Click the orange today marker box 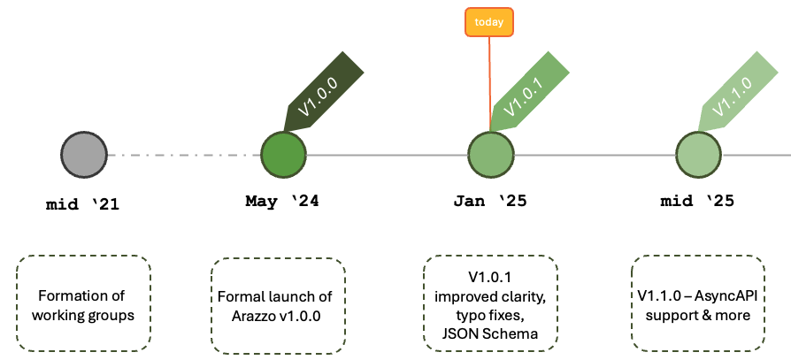coord(489,22)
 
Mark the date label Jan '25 coord(489,201)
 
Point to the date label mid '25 coord(697,201)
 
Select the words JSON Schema coord(490,333)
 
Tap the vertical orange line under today coord(489,84)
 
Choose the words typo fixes coord(490,315)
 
